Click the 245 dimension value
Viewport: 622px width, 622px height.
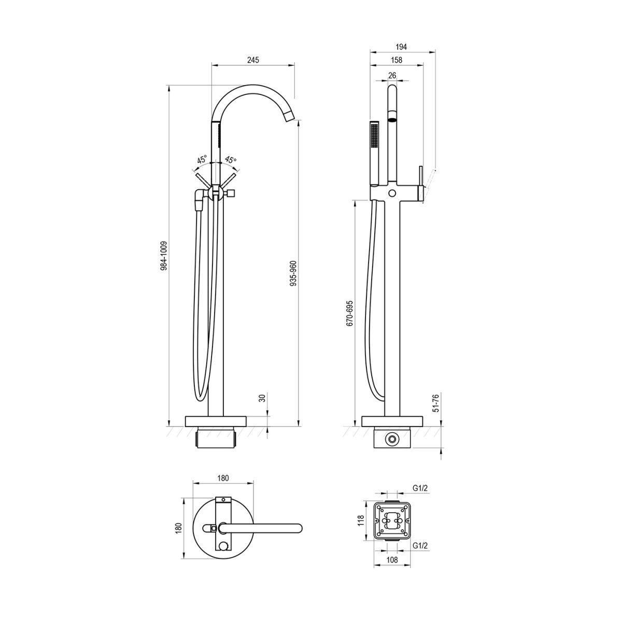(253, 60)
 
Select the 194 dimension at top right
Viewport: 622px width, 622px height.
(401, 47)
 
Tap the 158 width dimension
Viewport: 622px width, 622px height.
(397, 60)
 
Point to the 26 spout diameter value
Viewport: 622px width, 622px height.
(392, 76)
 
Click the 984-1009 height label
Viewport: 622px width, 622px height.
(164, 256)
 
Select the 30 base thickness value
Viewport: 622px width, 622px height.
(262, 398)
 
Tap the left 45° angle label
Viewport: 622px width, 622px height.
(202, 160)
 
